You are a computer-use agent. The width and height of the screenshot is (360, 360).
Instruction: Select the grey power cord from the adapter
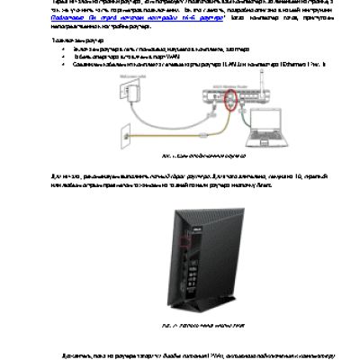point(162,103)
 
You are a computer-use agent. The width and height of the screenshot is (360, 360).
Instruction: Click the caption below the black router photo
point(181,319)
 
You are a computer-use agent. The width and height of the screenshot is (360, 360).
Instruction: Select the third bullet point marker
point(56,64)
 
